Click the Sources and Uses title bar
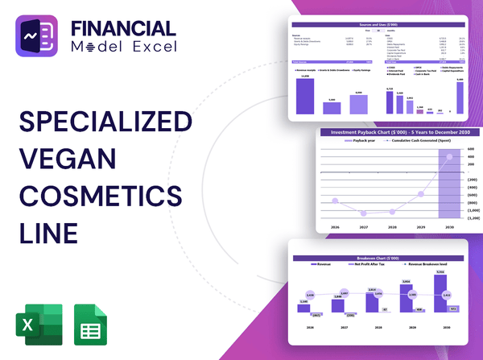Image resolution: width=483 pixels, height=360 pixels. (x=378, y=26)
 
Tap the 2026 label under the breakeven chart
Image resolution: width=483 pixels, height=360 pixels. (x=303, y=327)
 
